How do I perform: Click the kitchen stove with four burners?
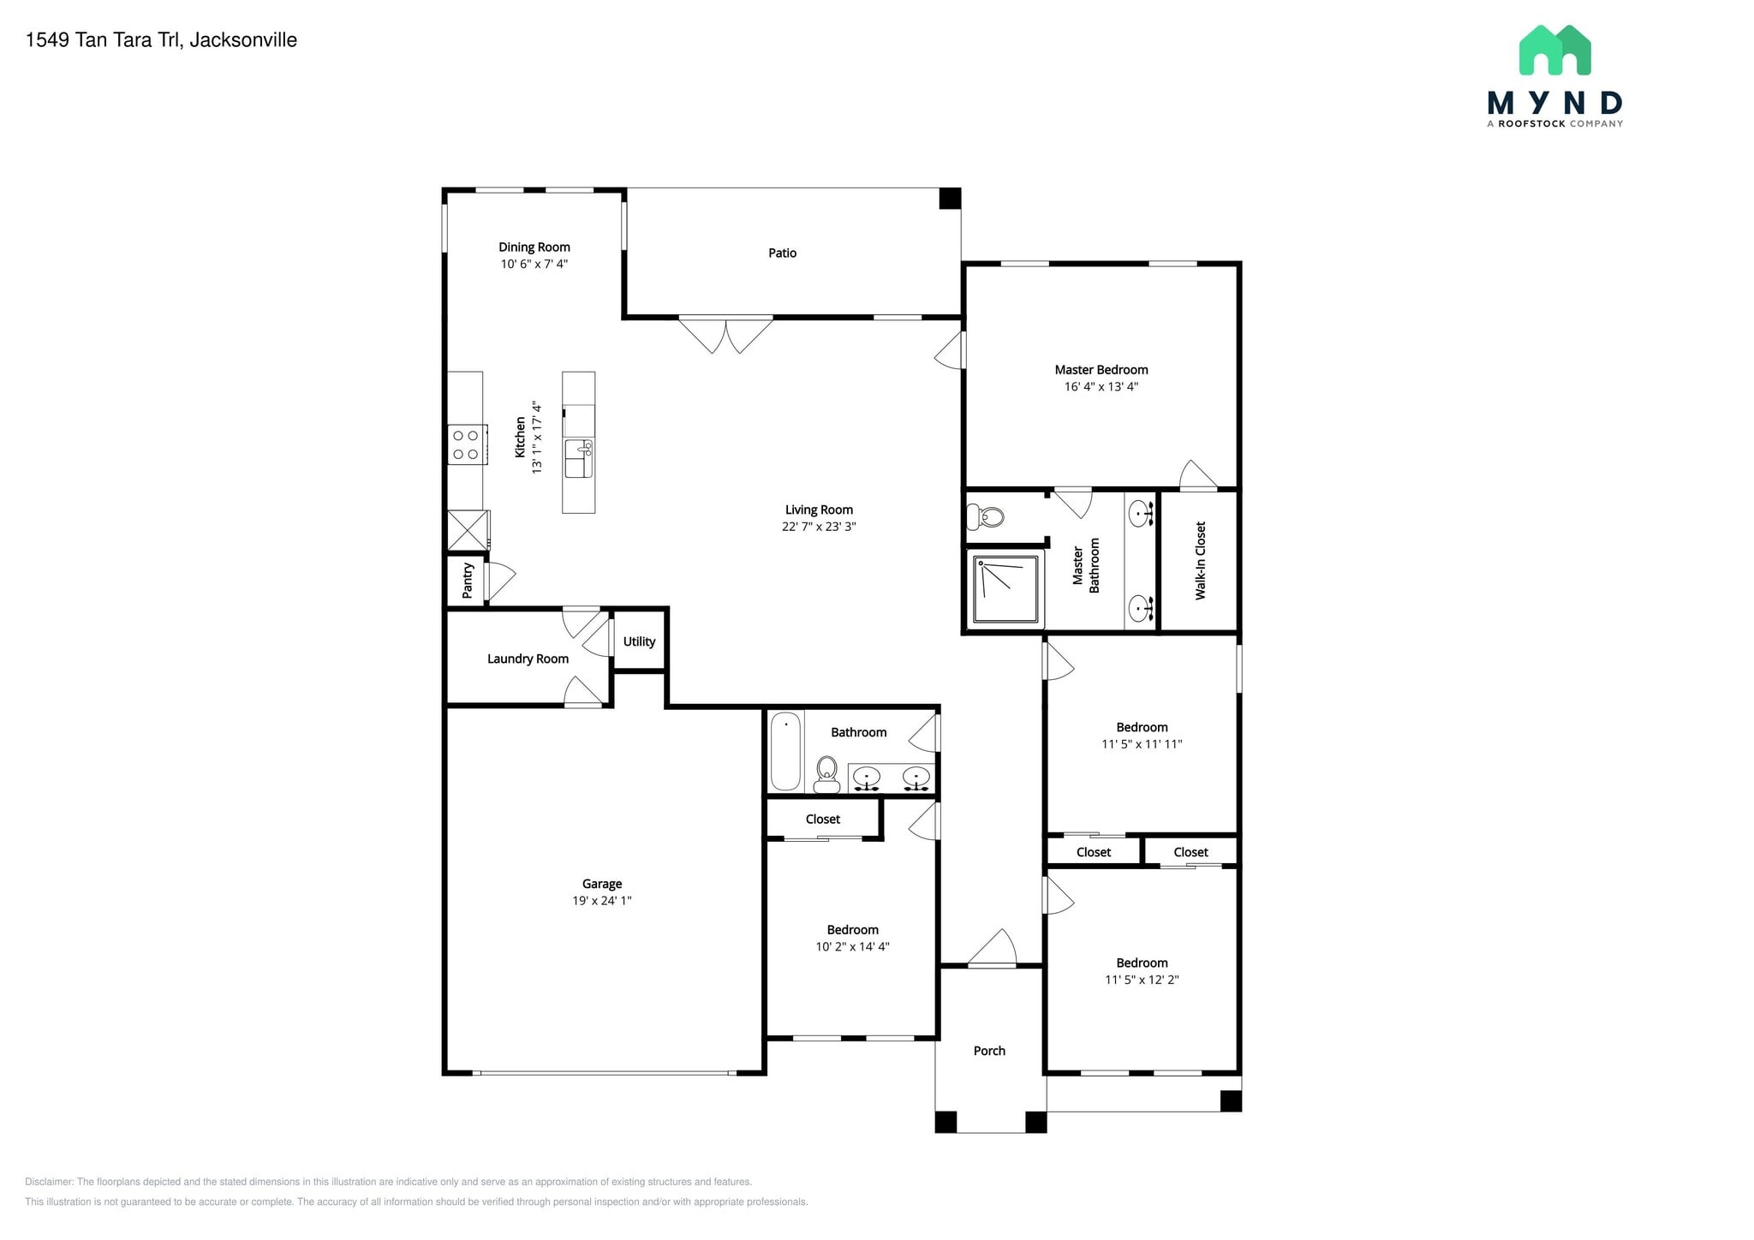tap(466, 444)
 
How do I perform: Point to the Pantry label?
tap(468, 581)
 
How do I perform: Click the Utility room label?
tap(639, 641)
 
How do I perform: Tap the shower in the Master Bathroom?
tap(1006, 589)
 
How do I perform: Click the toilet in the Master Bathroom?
tap(986, 516)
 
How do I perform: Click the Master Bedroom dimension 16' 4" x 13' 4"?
tap(1101, 387)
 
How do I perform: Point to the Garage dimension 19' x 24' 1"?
tap(601, 901)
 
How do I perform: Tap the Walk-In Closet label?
tap(1200, 560)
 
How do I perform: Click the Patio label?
tap(782, 253)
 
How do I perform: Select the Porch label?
tap(989, 1051)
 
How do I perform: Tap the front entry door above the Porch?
tap(992, 951)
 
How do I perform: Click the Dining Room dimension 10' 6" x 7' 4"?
tap(534, 265)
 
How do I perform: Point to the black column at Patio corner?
tap(950, 199)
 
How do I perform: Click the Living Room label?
tap(819, 510)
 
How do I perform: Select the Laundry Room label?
tap(528, 659)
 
